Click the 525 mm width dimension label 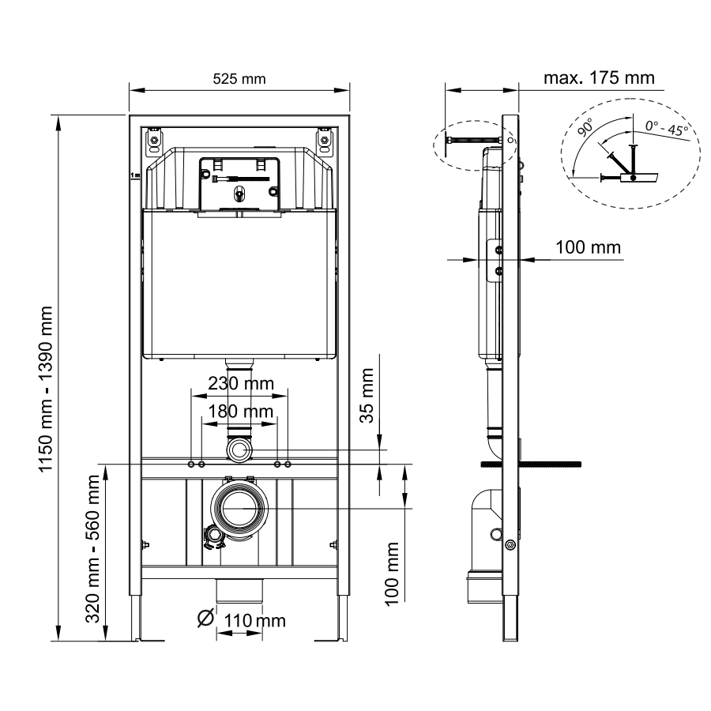239,79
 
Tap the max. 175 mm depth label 599,78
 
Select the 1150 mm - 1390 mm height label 46,389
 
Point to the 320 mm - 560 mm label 92,549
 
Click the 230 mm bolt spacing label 241,384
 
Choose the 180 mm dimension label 240,412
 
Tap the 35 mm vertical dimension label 367,396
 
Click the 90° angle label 585,127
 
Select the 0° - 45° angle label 667,128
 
